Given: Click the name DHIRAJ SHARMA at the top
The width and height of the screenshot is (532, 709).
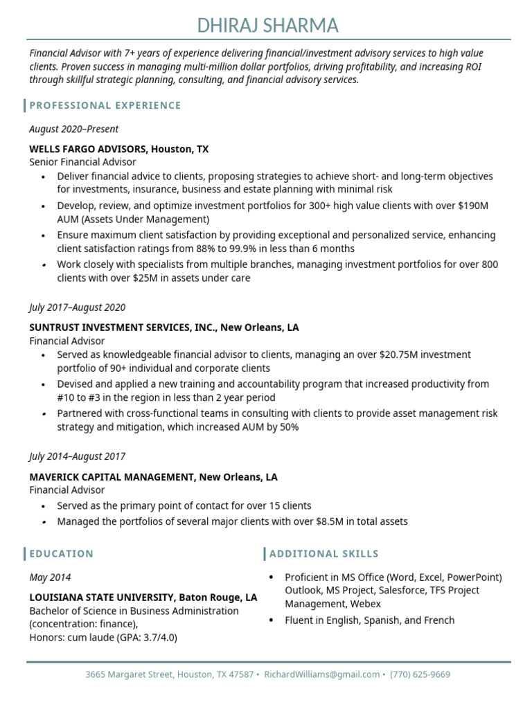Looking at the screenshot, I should pos(267,26).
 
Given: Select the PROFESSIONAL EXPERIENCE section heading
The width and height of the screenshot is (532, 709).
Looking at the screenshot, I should pos(105,105).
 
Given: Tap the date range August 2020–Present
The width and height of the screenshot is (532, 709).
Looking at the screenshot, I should pos(73,129).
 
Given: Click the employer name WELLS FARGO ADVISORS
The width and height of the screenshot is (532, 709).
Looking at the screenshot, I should pos(88,149).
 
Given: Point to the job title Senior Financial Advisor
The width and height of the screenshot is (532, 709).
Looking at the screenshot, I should pos(82,162).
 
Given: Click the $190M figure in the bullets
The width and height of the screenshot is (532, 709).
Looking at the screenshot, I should pos(473,206).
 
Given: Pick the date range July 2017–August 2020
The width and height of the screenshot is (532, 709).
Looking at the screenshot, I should pos(77,307).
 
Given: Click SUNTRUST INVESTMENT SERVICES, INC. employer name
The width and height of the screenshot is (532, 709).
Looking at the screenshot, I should pos(123,327).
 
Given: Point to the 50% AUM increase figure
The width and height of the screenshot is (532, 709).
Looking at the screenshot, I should pos(288,427).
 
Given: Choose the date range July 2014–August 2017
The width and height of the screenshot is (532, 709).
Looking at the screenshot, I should pos(77,456).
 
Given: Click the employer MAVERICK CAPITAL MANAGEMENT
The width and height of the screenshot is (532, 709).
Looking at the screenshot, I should pos(112,477).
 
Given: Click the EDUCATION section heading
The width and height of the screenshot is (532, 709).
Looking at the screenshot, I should pos(61,554).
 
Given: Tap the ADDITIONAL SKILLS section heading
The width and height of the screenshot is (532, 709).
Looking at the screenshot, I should pos(324,554).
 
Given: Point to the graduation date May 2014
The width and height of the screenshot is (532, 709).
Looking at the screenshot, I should pos(50,577).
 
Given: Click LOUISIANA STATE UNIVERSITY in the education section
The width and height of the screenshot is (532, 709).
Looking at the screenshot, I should pos(103,597).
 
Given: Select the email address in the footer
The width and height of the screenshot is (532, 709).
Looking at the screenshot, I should pos(322,674).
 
